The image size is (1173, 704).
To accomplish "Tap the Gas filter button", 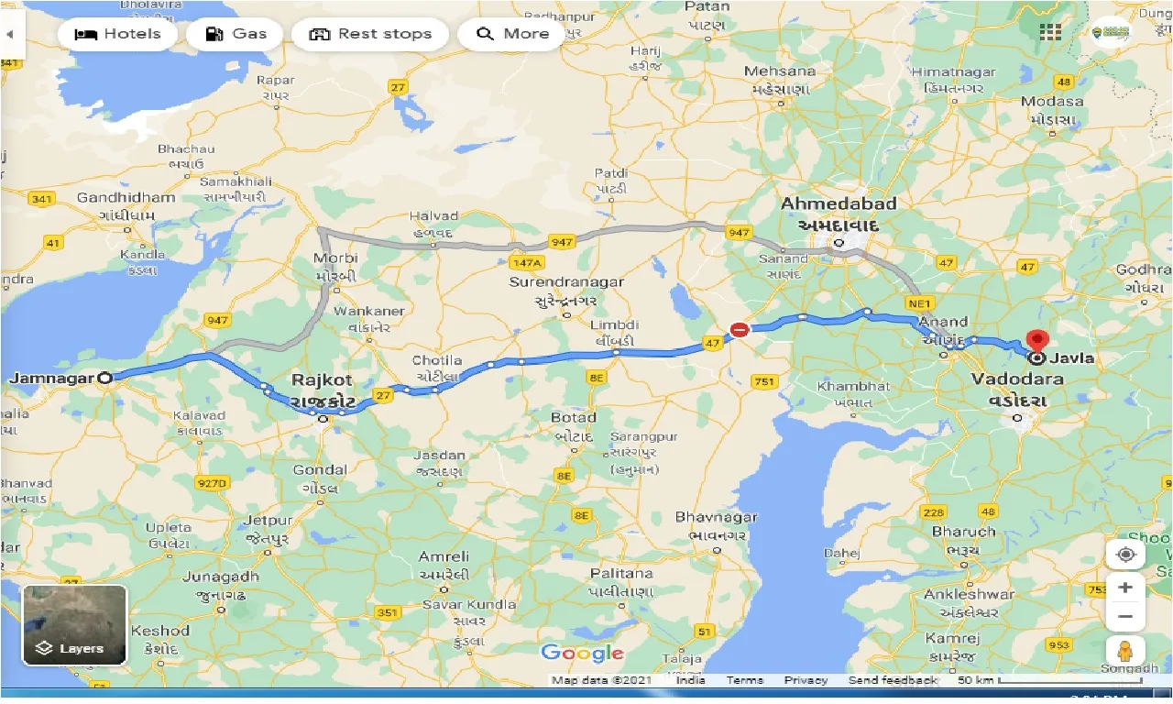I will (x=236, y=34).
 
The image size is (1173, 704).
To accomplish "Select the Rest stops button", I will (x=370, y=34).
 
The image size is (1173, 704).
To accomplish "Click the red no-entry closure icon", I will (x=740, y=330).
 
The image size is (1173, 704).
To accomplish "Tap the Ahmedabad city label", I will (x=839, y=203).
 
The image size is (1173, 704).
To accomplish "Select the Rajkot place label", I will (x=322, y=379).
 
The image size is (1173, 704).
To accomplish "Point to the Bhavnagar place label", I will (x=717, y=517).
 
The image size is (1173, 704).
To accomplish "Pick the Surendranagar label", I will (x=566, y=282).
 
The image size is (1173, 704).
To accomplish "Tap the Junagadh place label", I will (x=221, y=576).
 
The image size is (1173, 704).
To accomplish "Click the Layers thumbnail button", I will (x=75, y=625).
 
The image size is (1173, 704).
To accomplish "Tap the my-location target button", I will (x=1124, y=555).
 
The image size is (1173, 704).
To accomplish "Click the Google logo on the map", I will (x=582, y=653).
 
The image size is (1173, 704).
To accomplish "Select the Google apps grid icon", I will (x=1050, y=32).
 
